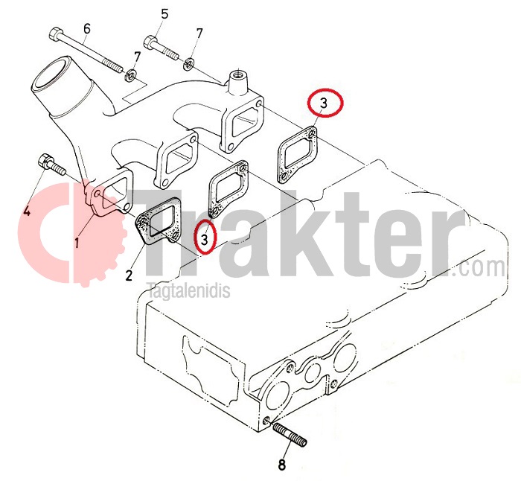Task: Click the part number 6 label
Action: click(87, 28)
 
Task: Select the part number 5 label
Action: click(164, 14)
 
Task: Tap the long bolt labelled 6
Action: click(86, 51)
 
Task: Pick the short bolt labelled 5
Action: click(162, 48)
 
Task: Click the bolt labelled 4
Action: click(52, 165)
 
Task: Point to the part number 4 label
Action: click(27, 210)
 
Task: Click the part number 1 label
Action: click(77, 243)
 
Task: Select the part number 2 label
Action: click(129, 275)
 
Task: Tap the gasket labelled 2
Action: click(158, 221)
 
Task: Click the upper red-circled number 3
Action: click(324, 103)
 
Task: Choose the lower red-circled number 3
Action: click(205, 238)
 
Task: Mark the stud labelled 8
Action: click(289, 434)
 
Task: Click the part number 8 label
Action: click(281, 465)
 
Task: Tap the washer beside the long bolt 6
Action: click(130, 75)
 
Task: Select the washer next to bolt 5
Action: click(189, 64)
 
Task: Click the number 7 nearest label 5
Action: click(199, 34)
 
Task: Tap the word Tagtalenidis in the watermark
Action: click(188, 290)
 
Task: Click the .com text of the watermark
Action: click(479, 267)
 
